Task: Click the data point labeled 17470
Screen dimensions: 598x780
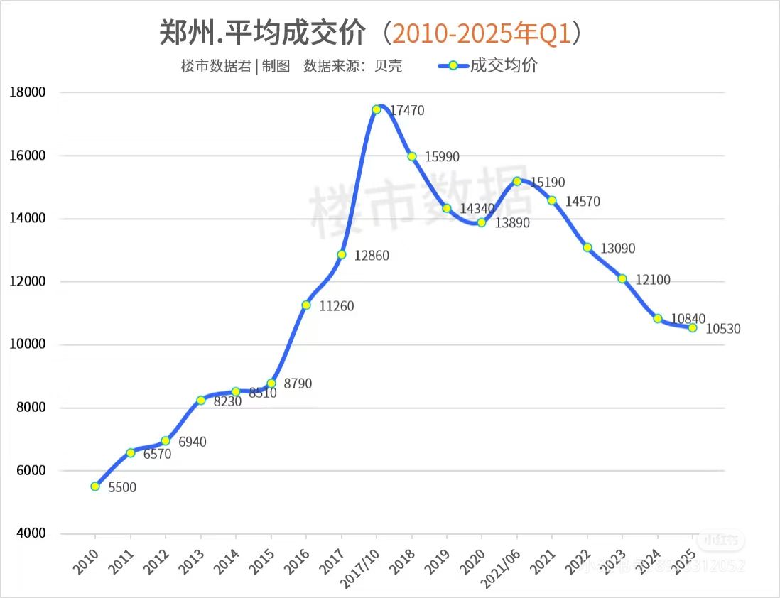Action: [377, 109]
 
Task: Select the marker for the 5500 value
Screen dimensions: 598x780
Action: [95, 486]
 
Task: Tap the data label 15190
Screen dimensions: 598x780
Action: [548, 183]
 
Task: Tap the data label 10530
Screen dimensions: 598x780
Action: [724, 330]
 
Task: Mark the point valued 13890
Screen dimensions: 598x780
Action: [482, 222]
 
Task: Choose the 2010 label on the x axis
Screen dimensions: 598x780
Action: [85, 562]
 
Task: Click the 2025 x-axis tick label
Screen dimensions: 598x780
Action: [682, 562]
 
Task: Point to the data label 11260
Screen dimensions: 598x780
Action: [336, 307]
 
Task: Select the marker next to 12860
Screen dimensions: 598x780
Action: [342, 254]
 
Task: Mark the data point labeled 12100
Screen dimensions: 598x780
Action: [622, 278]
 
